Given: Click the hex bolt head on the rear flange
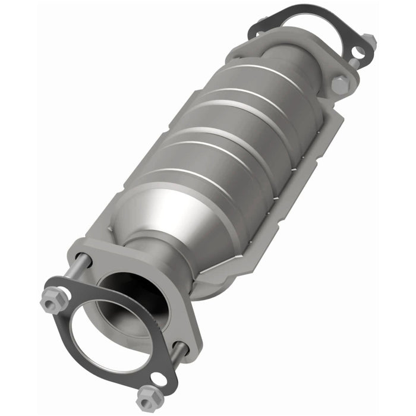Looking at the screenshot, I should [x=340, y=84].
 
